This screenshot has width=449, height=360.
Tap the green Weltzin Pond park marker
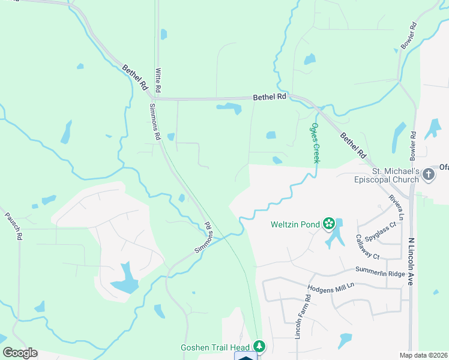pos(328,224)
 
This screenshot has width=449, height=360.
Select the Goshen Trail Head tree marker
pos(259,346)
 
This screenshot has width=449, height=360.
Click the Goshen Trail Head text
pos(215,347)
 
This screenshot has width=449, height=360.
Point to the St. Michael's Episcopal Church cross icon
pos(428,175)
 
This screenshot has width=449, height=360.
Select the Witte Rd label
pos(158,79)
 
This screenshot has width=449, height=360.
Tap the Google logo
pos(20,353)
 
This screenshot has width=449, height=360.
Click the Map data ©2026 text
pos(423,355)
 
